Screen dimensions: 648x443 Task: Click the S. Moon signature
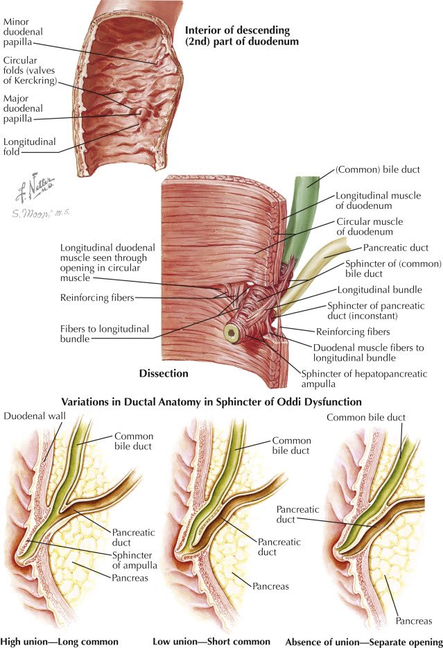pyautogui.click(x=42, y=210)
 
